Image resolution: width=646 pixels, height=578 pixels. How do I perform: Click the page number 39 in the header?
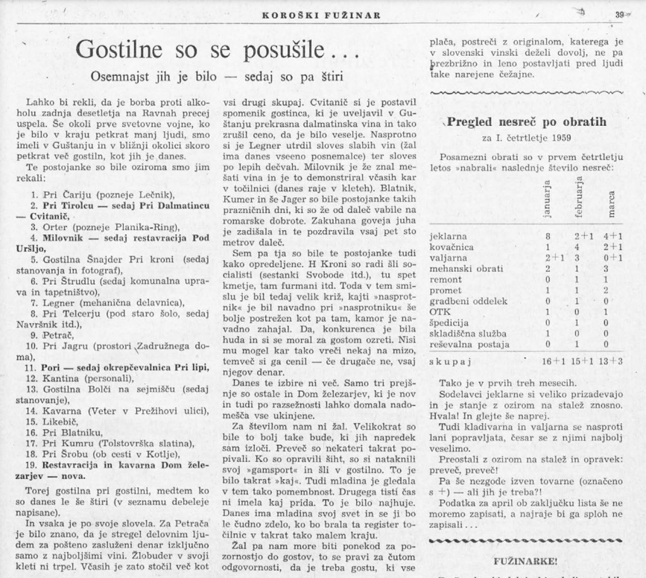click(x=620, y=15)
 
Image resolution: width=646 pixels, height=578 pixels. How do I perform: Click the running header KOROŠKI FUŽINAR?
click(x=323, y=16)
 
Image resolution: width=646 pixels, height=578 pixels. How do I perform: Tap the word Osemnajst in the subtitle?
click(x=119, y=76)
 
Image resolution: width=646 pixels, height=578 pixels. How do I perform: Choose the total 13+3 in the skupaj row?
click(x=613, y=361)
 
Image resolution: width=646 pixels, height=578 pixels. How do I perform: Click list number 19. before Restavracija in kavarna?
click(x=32, y=464)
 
